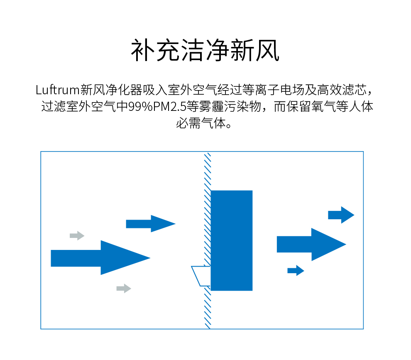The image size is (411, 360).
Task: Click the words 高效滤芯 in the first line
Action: [342, 89]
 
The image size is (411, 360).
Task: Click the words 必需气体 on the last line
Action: [200, 123]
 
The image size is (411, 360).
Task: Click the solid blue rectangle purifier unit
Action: [231, 240]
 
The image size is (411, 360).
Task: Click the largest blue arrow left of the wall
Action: [100, 258]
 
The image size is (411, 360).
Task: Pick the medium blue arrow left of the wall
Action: [150, 224]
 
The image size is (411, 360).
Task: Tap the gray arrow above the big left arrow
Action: [77, 236]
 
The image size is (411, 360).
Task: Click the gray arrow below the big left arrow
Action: [124, 289]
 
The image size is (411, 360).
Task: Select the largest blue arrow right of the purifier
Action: [311, 245]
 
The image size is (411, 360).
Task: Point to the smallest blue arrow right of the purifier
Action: [296, 270]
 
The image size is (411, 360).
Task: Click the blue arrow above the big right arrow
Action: [341, 215]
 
